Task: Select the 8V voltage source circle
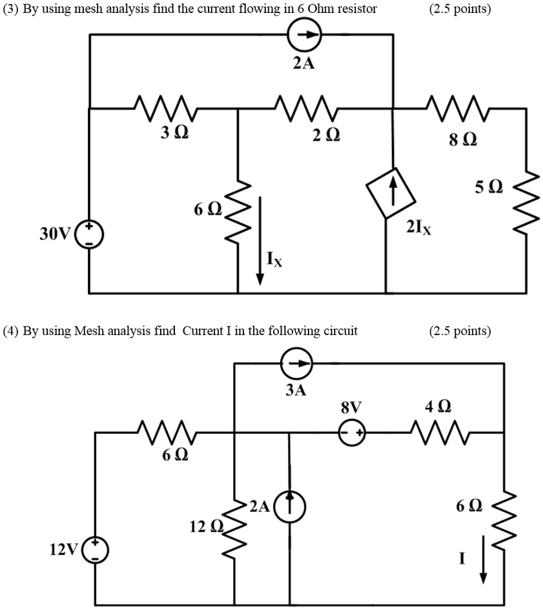point(352,432)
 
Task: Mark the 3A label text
point(296,391)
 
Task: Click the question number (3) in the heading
point(10,8)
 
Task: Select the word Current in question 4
point(203,331)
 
